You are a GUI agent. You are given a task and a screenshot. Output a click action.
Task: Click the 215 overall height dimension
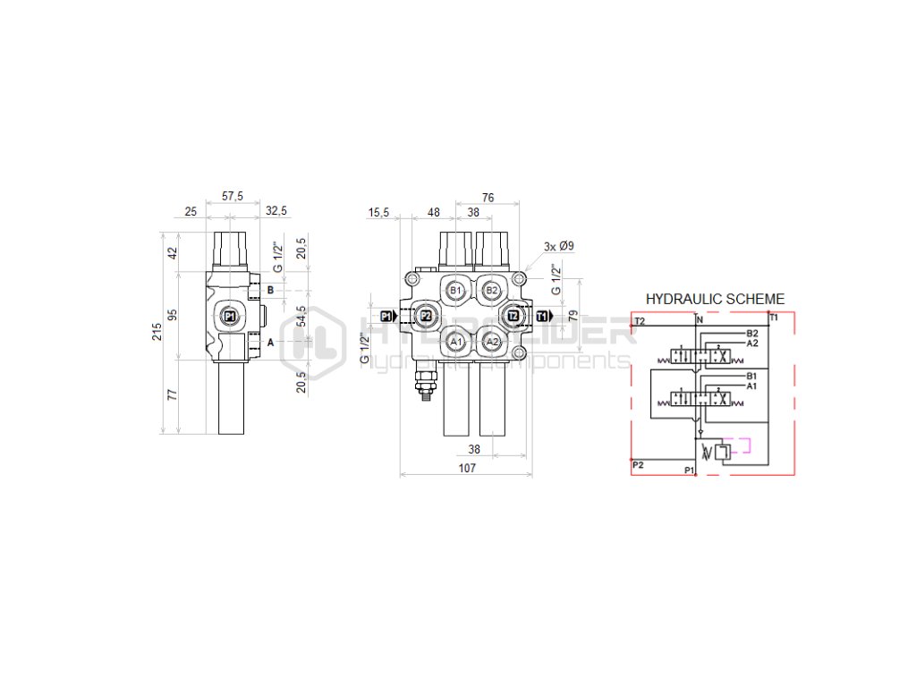(x=157, y=333)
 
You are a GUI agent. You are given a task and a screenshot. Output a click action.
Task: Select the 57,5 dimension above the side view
(x=231, y=196)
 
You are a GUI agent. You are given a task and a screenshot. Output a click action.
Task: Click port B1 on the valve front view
(x=456, y=291)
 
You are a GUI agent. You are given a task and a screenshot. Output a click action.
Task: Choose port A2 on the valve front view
(x=490, y=341)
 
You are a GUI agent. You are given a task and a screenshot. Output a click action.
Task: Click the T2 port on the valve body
(x=513, y=316)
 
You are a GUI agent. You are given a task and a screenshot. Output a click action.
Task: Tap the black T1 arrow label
(x=543, y=316)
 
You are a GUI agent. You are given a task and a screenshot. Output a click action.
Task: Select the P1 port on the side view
(x=230, y=316)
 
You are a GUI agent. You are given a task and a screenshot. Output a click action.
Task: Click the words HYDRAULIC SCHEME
(x=715, y=300)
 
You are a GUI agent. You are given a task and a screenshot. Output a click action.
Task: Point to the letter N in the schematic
(x=700, y=320)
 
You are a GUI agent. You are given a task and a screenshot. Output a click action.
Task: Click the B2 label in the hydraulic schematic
(x=752, y=334)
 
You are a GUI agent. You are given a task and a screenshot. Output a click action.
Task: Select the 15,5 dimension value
(x=377, y=213)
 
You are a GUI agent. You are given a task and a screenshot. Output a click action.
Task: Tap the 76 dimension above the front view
(x=488, y=198)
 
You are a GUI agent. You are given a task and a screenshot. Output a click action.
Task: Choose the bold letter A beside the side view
(x=270, y=342)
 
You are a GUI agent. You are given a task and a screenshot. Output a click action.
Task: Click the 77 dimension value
(x=173, y=394)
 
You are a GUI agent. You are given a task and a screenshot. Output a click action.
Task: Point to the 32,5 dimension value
(x=276, y=211)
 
